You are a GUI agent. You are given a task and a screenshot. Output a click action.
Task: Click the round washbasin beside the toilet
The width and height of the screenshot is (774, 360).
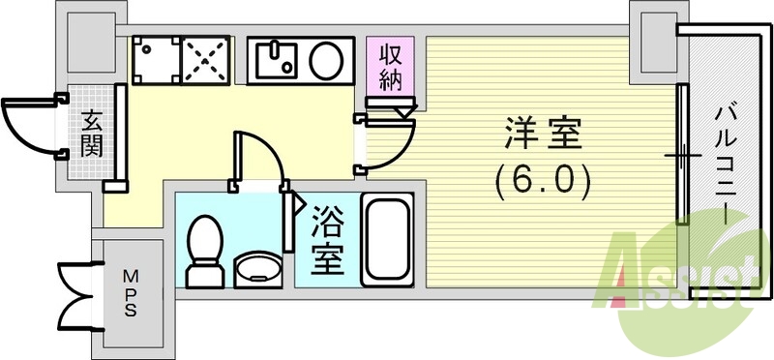click(x=256, y=266)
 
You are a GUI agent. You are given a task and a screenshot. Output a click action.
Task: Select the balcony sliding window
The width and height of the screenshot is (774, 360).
click(x=683, y=155)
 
